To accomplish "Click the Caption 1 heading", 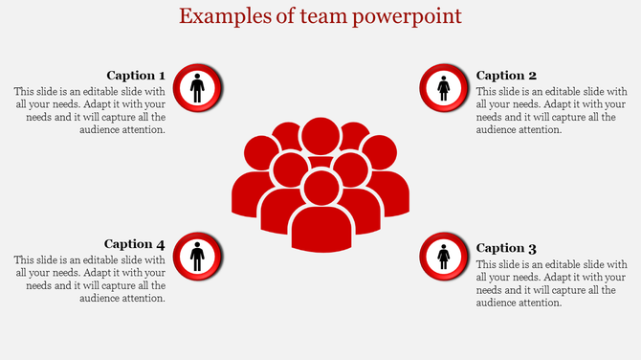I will (x=135, y=76).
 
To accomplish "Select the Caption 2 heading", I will (x=506, y=76).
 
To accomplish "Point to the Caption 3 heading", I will (x=506, y=248).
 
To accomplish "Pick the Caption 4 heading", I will (x=135, y=244).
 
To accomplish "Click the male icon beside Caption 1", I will (x=197, y=89).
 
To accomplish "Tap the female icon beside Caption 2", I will (x=444, y=89).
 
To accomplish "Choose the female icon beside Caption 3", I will (x=444, y=257).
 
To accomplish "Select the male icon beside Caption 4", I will (x=197, y=257).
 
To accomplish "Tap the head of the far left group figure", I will (x=261, y=153).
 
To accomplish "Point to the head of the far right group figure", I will (x=380, y=153).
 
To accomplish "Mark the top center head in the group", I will (x=320, y=135).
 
